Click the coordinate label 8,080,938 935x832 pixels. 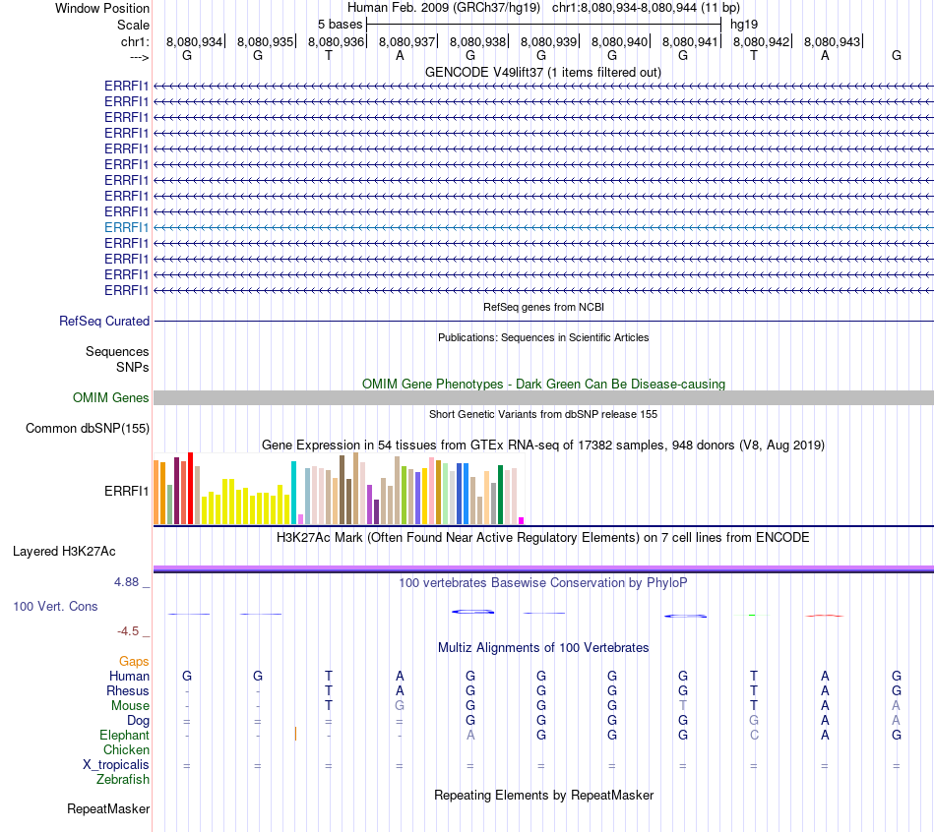pos(477,41)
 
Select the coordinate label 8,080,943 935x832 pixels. pos(832,41)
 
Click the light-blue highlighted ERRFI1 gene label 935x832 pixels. pos(127,227)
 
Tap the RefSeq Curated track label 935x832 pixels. pos(104,321)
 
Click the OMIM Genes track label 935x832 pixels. pos(111,397)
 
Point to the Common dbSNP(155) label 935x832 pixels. pos(88,428)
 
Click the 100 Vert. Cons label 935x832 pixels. pos(55,607)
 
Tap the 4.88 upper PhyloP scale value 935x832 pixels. pos(126,582)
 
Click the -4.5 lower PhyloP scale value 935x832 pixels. pos(129,631)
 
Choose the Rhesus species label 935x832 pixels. pos(128,690)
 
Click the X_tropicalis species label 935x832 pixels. pos(116,764)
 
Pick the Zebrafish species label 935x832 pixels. pos(123,779)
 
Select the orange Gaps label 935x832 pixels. pos(134,661)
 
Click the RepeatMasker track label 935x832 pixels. pos(108,809)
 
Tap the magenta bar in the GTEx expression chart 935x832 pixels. pos(522,520)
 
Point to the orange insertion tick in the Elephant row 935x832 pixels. pos(295,734)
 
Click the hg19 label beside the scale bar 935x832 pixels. pos(743,24)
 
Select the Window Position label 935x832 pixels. pos(102,8)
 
